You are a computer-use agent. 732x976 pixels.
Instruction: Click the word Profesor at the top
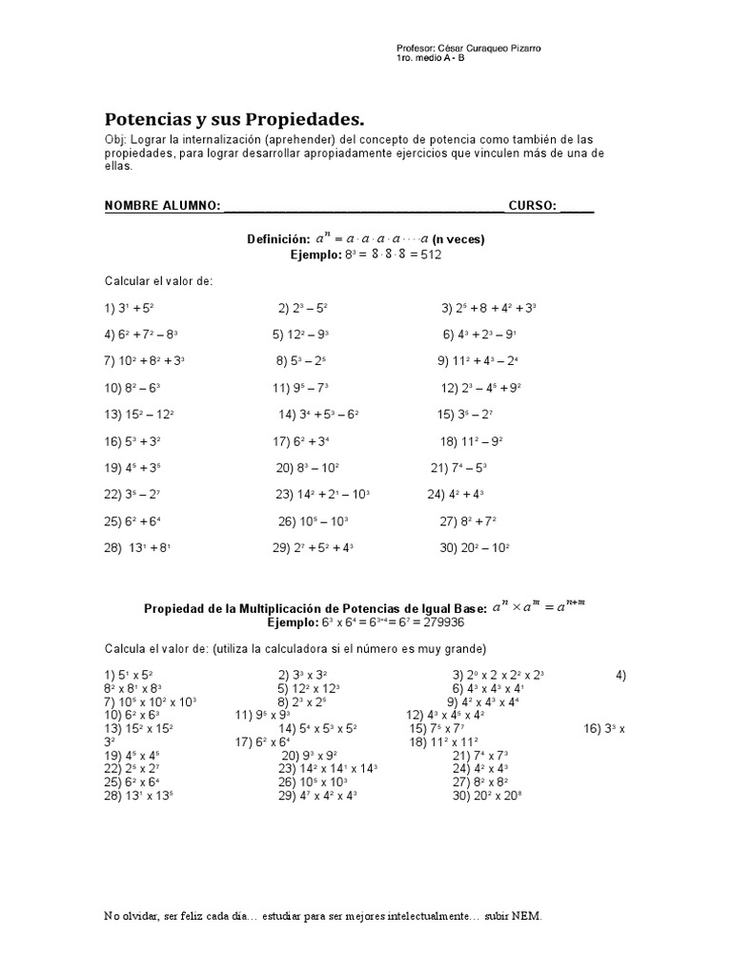415,49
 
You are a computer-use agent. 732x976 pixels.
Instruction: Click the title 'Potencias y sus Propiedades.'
234,120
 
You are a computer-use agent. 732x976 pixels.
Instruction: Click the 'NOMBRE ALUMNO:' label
162,206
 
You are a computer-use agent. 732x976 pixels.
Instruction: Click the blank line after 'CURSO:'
577,207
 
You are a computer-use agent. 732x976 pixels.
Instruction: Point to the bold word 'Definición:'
278,240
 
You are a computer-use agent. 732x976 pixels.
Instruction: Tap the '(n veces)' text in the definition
458,240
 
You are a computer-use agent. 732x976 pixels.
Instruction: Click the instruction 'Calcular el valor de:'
158,282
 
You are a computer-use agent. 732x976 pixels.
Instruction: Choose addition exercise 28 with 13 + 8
137,548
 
